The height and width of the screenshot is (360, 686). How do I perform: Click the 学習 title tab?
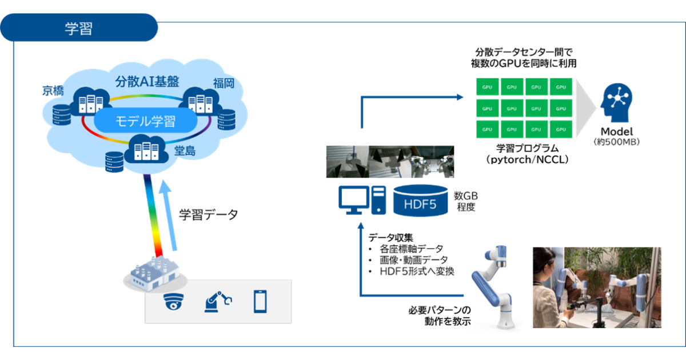tap(78, 28)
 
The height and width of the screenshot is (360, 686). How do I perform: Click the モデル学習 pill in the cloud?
tap(146, 121)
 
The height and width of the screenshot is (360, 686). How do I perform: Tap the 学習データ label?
tap(208, 215)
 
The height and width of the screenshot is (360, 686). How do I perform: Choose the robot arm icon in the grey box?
tap(218, 302)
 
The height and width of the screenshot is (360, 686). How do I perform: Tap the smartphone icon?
tap(260, 302)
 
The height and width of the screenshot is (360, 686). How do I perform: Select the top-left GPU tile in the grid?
tap(487, 87)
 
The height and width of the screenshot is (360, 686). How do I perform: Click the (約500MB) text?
tap(617, 142)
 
